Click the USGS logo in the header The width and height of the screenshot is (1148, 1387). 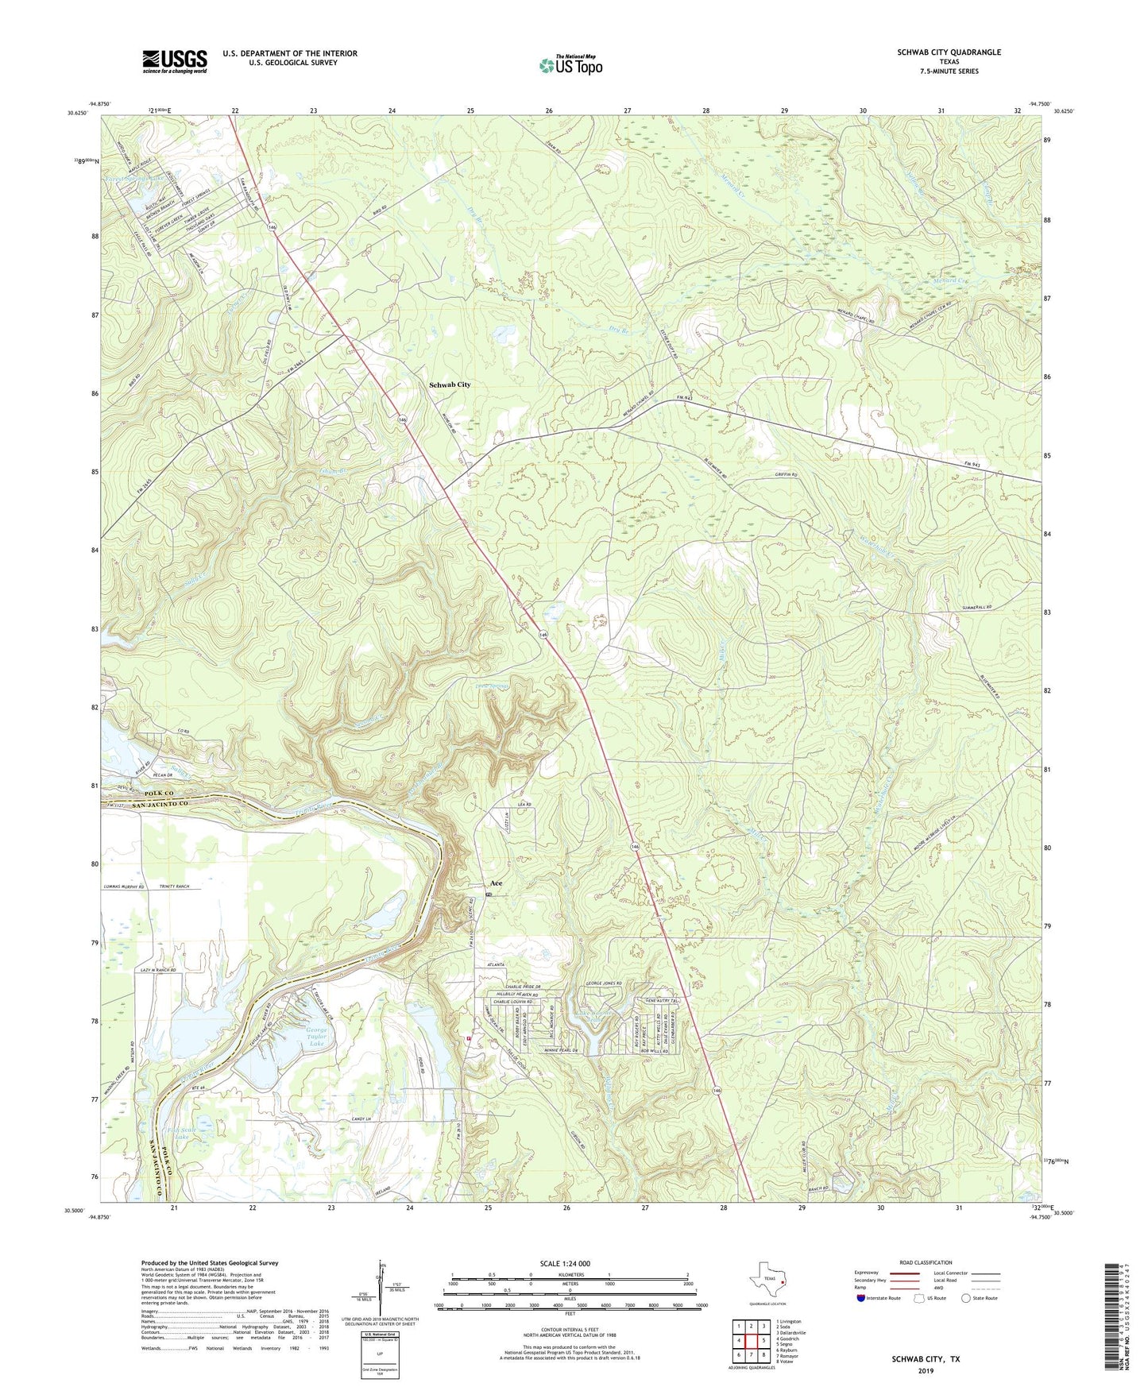tap(175, 61)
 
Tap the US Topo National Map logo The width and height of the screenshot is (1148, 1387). tap(570, 64)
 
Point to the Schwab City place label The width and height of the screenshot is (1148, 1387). tap(450, 384)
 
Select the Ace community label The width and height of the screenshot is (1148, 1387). tap(496, 883)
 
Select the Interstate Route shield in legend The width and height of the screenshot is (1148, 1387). tap(861, 1299)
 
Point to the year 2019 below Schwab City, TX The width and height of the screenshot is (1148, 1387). tap(926, 1370)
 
